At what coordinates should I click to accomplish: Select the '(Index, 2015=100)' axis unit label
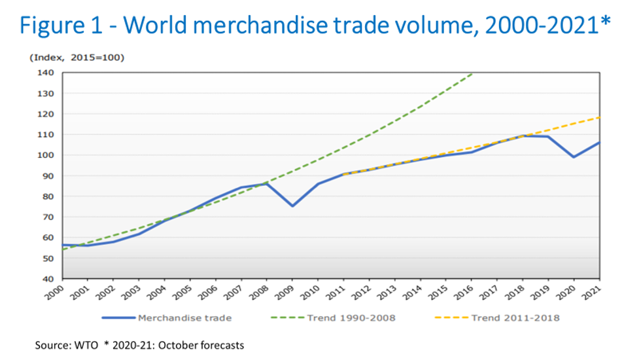[77, 58]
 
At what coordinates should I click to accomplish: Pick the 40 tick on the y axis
[47, 279]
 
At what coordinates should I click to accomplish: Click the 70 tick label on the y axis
[47, 217]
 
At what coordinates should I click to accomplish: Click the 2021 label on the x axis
[592, 292]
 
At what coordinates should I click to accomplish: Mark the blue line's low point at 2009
[292, 206]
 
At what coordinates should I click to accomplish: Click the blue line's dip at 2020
[574, 157]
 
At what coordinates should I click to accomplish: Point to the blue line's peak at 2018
[523, 135]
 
